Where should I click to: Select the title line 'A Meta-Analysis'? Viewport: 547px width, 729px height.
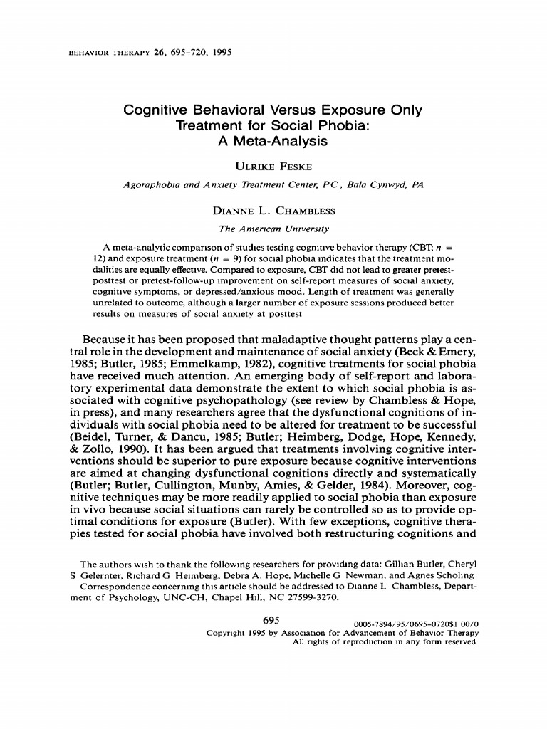coord(273,141)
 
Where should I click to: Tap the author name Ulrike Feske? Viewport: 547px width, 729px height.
coord(273,167)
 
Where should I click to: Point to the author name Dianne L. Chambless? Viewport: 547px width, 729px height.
coord(273,211)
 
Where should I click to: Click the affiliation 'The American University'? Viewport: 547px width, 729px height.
coord(273,229)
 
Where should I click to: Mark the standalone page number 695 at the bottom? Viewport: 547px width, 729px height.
coord(273,620)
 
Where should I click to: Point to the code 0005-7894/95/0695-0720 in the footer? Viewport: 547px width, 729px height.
coord(402,622)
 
